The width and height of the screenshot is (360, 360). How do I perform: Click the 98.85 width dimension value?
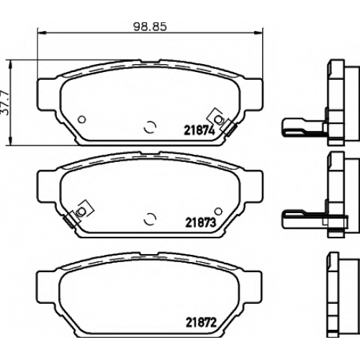coord(150,27)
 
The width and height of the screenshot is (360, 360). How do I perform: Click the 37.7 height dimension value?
coord(5,102)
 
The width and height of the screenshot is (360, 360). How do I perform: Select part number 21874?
coord(199,131)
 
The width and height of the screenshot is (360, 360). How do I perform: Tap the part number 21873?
coord(201,223)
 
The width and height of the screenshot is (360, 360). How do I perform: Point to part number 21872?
coord(201,323)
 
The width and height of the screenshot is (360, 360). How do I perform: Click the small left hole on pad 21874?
coord(82,119)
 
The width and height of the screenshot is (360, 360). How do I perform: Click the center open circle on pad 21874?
coord(150,127)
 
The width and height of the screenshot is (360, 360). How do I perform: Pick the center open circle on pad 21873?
coord(150,219)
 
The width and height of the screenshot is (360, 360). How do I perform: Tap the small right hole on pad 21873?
coord(218,211)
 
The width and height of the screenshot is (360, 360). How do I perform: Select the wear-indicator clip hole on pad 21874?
coord(218,119)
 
